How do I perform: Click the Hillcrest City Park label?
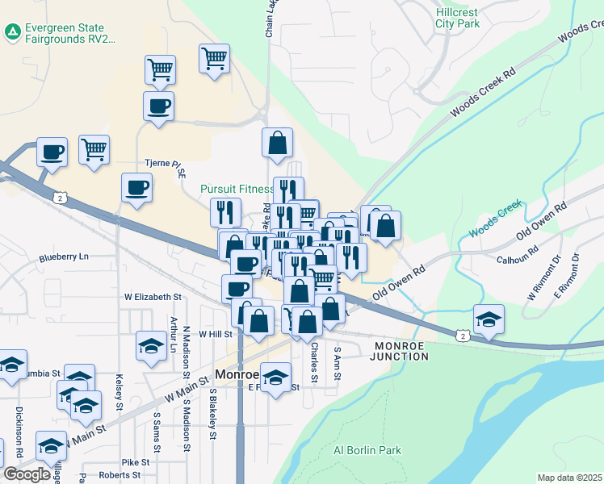point(457,18)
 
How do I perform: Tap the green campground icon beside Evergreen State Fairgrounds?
point(13,32)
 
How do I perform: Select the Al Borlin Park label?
point(367,450)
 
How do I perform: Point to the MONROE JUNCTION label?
point(401,350)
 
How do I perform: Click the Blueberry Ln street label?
point(64,258)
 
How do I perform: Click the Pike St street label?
point(136,462)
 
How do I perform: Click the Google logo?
point(27,474)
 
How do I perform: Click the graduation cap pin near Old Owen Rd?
point(489,319)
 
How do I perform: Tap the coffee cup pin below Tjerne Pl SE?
point(136,187)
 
